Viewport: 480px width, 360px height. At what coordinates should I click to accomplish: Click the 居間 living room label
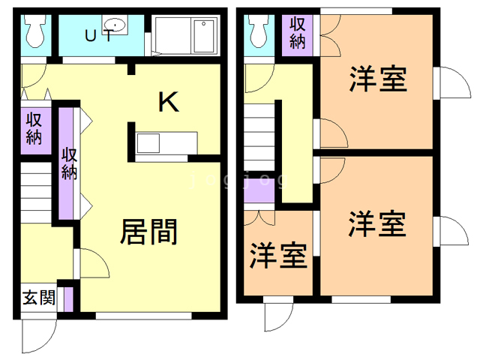(x=149, y=232)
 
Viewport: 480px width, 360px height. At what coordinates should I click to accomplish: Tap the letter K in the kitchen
(x=169, y=101)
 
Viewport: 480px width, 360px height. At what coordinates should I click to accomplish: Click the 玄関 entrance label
(x=37, y=298)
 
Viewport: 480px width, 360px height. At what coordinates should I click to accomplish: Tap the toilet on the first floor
(x=34, y=31)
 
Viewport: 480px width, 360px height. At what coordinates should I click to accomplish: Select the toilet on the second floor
(x=259, y=31)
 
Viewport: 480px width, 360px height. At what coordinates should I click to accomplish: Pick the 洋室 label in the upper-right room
(x=377, y=79)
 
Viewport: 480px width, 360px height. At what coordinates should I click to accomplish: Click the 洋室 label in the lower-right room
(x=377, y=223)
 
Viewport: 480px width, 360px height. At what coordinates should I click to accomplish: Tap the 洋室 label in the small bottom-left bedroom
(x=278, y=256)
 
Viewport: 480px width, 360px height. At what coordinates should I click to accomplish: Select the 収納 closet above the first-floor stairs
(x=34, y=127)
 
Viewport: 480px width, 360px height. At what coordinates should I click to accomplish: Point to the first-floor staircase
(x=34, y=191)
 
